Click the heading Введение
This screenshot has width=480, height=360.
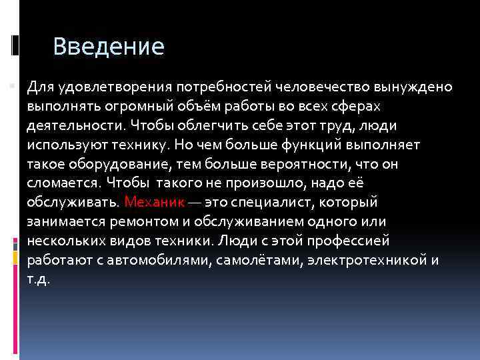(x=108, y=47)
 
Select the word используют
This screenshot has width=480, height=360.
(x=67, y=144)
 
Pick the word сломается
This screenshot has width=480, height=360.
(x=62, y=183)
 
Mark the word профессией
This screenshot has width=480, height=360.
(x=351, y=240)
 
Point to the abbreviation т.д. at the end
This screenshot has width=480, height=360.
(x=39, y=278)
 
